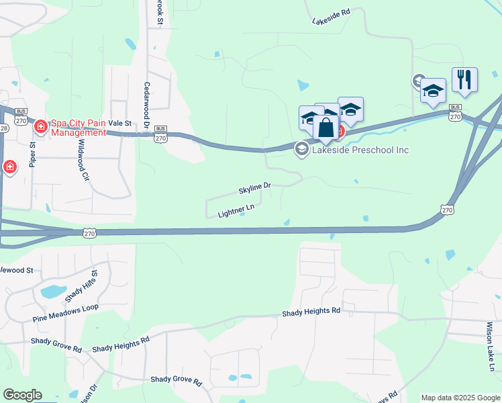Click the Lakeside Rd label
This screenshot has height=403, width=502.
pos(332,17)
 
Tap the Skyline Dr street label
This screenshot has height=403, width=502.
pos(254,188)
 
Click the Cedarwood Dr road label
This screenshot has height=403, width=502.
pos(146,103)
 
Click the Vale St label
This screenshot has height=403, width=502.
pos(119,123)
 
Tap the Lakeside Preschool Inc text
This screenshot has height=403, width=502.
pos(360,150)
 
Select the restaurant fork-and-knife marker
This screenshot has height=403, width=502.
pos(464,79)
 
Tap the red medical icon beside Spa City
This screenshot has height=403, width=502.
pos(41,126)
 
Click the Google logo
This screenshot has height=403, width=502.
pos(21,395)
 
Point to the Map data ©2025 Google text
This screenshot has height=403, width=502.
pos(460,398)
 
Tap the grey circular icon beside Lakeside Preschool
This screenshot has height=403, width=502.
pos(302,150)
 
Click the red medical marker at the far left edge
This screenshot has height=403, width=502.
pos(10,167)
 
